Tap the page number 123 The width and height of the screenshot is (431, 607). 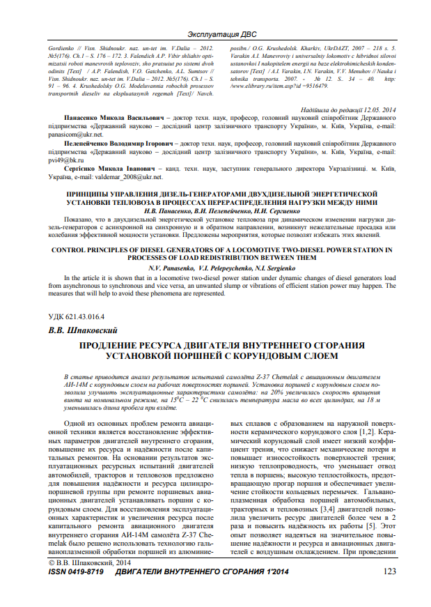point(390,571)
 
